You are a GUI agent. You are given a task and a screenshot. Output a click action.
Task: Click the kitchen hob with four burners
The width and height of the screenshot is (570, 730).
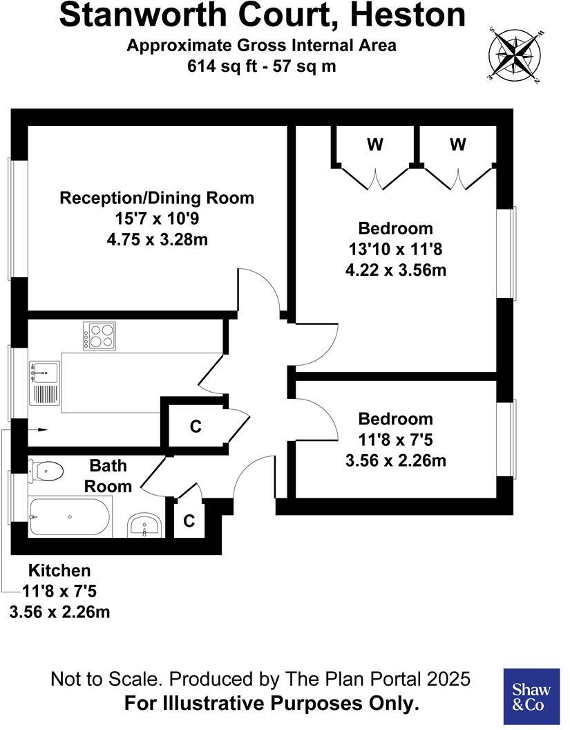click(x=99, y=336)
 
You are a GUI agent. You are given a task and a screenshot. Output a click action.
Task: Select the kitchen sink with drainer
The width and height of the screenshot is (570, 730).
click(x=44, y=385)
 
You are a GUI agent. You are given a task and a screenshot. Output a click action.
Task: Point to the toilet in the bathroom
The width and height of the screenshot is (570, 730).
click(x=46, y=472)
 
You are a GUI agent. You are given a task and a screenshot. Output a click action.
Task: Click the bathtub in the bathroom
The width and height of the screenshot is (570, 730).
click(x=69, y=517)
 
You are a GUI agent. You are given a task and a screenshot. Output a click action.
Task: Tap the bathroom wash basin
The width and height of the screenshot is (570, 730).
click(x=145, y=526)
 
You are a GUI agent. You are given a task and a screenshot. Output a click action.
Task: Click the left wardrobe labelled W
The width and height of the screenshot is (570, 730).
click(x=374, y=145)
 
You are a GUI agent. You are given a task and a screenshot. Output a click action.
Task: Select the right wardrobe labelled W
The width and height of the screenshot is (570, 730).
click(x=457, y=145)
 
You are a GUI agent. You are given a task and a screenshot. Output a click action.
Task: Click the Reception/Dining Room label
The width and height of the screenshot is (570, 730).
click(x=157, y=198)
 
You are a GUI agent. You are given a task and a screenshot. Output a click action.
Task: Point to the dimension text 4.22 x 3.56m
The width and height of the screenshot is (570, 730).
click(x=395, y=270)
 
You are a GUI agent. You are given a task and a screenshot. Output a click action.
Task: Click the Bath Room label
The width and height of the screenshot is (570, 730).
click(x=108, y=476)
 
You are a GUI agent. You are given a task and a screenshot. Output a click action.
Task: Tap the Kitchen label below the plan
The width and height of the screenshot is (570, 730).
click(x=59, y=571)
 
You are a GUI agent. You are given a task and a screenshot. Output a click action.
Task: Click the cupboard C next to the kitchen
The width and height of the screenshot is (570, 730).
click(x=196, y=427)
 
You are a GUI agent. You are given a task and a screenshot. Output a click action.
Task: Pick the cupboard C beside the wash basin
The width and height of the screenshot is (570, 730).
click(x=189, y=521)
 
